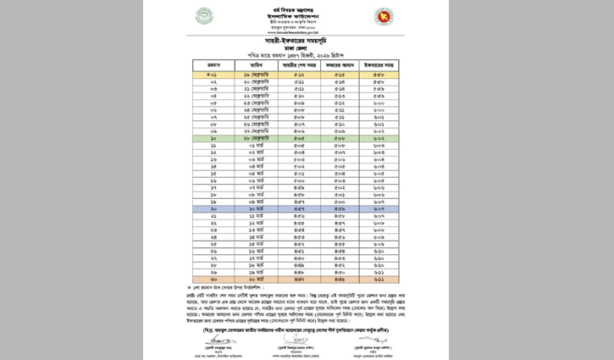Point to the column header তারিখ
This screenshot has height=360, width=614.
click(x=257, y=64)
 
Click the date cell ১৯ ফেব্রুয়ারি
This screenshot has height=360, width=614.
click(x=257, y=75)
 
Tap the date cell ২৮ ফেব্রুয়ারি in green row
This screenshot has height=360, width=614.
click(x=257, y=137)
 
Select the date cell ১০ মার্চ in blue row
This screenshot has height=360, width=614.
click(x=257, y=208)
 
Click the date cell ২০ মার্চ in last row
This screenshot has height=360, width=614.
click(x=257, y=279)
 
